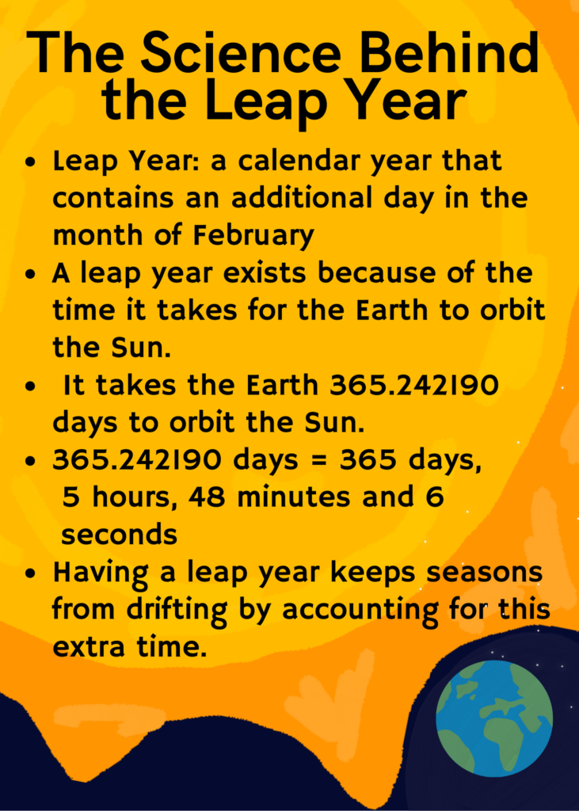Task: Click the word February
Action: point(253,236)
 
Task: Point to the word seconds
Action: point(120,535)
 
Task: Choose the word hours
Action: point(133,497)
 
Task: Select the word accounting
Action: point(360,611)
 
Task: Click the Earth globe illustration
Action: point(494,718)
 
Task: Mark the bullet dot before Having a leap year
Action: point(32,573)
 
